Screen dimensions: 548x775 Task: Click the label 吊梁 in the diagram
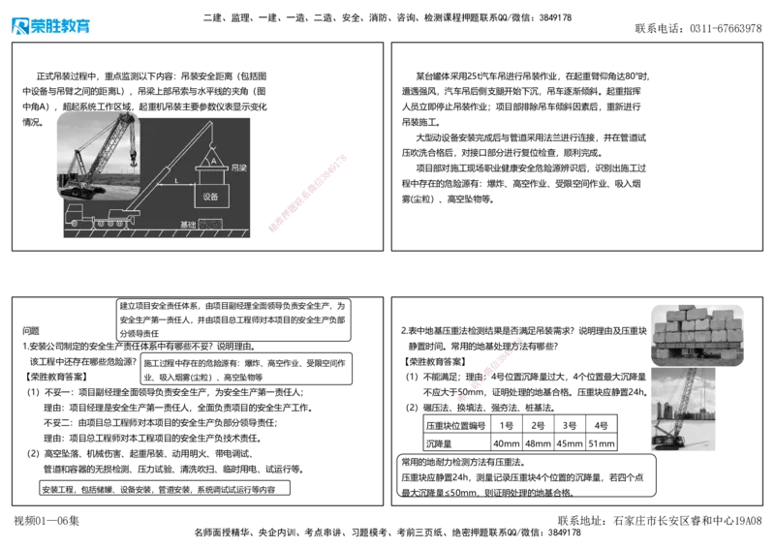[x=239, y=167]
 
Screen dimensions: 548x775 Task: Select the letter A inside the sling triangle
[x=213, y=162]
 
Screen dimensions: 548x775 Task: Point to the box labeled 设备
[x=211, y=196]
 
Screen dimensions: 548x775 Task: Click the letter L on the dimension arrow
[x=175, y=181]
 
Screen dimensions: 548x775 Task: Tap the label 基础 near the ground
[x=188, y=225]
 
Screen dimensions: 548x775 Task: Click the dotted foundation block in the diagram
[x=210, y=225]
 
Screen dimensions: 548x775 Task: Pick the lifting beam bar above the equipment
[x=212, y=170]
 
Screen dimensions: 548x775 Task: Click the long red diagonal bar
[x=306, y=193]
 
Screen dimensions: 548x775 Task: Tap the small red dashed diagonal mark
[x=491, y=368]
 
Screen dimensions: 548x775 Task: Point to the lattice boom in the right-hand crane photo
[x=682, y=397]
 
